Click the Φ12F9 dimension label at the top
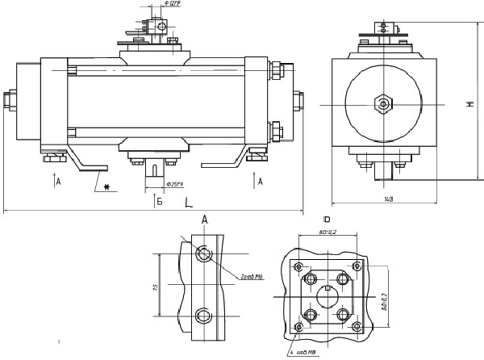click(x=171, y=4)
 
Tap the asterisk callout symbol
click(x=106, y=187)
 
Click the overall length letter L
click(x=187, y=202)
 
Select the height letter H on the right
click(x=469, y=104)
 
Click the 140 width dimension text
click(x=389, y=198)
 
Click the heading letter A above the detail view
click(x=204, y=220)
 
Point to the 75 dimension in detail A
click(x=154, y=285)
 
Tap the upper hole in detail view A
click(x=203, y=255)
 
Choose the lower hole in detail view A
click(x=203, y=314)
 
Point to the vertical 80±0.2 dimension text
click(x=384, y=296)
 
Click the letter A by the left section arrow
click(x=58, y=183)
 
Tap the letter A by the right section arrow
click(x=260, y=183)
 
